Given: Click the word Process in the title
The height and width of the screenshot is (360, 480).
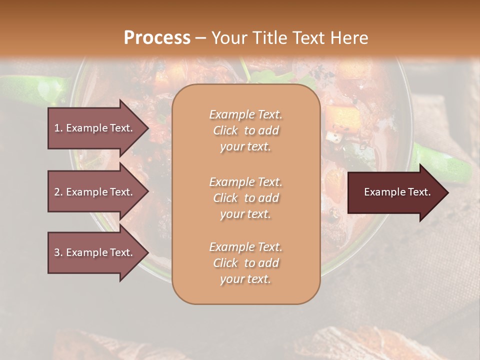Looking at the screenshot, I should (x=157, y=38).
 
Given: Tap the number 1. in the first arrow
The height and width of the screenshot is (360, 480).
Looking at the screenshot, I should (x=58, y=128).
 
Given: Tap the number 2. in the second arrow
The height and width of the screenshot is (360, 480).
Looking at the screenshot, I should (x=58, y=192).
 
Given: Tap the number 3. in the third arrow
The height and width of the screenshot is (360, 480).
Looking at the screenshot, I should (x=58, y=252).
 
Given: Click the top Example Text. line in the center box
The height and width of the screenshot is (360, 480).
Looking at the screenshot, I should (x=245, y=114).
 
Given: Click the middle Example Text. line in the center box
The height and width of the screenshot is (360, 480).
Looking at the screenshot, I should (x=245, y=182).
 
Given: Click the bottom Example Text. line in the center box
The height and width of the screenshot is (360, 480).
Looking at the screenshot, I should (x=245, y=247).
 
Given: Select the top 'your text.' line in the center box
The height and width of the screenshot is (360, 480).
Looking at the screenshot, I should (x=245, y=147).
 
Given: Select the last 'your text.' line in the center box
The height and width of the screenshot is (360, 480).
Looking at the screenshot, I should (x=245, y=279).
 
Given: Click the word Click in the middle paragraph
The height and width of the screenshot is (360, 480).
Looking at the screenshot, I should (x=225, y=198).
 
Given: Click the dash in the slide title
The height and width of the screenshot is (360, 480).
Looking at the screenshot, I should (x=201, y=38).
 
